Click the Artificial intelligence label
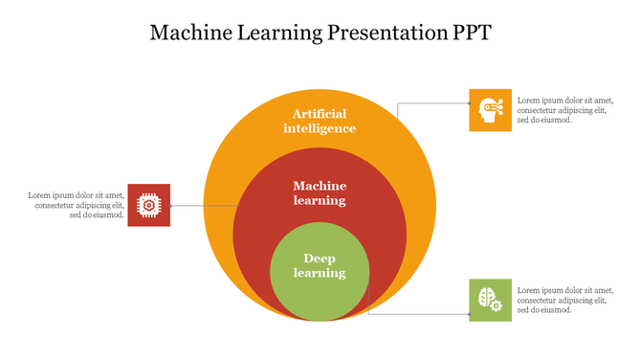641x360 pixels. [320, 121]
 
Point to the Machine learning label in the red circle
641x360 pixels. [320, 192]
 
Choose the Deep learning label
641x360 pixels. [320, 265]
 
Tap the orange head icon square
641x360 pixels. [490, 109]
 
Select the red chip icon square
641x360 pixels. [148, 205]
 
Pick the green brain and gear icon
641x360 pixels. [490, 300]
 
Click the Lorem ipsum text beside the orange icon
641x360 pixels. [564, 109]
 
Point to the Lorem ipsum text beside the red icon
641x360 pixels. [77, 205]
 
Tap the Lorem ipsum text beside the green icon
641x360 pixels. [564, 300]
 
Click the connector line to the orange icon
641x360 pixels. [432, 102]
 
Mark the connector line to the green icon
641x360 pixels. [421, 313]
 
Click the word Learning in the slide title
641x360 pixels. [275, 33]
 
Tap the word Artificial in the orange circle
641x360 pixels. [320, 113]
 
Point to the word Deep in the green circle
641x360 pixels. [320, 258]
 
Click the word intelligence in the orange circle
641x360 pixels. [320, 128]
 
